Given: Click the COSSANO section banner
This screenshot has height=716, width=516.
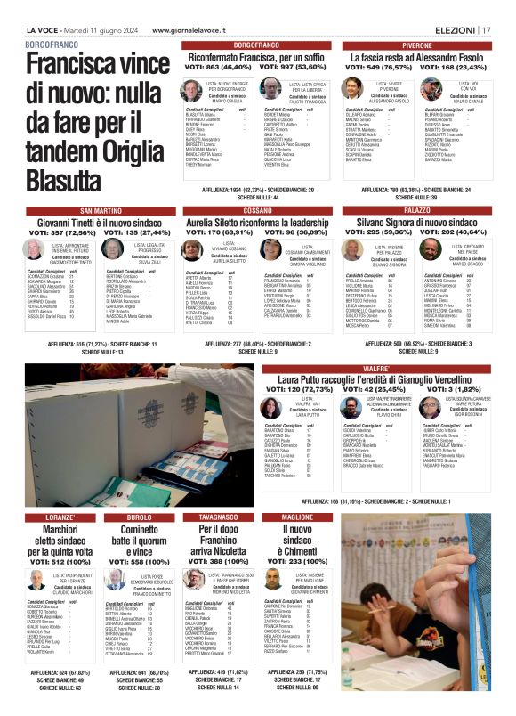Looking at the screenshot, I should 254,210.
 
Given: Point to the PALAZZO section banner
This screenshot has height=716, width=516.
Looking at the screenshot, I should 417,210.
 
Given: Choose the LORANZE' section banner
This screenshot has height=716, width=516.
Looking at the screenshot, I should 61,517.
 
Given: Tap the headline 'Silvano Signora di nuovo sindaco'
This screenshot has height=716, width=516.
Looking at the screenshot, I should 417,222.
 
